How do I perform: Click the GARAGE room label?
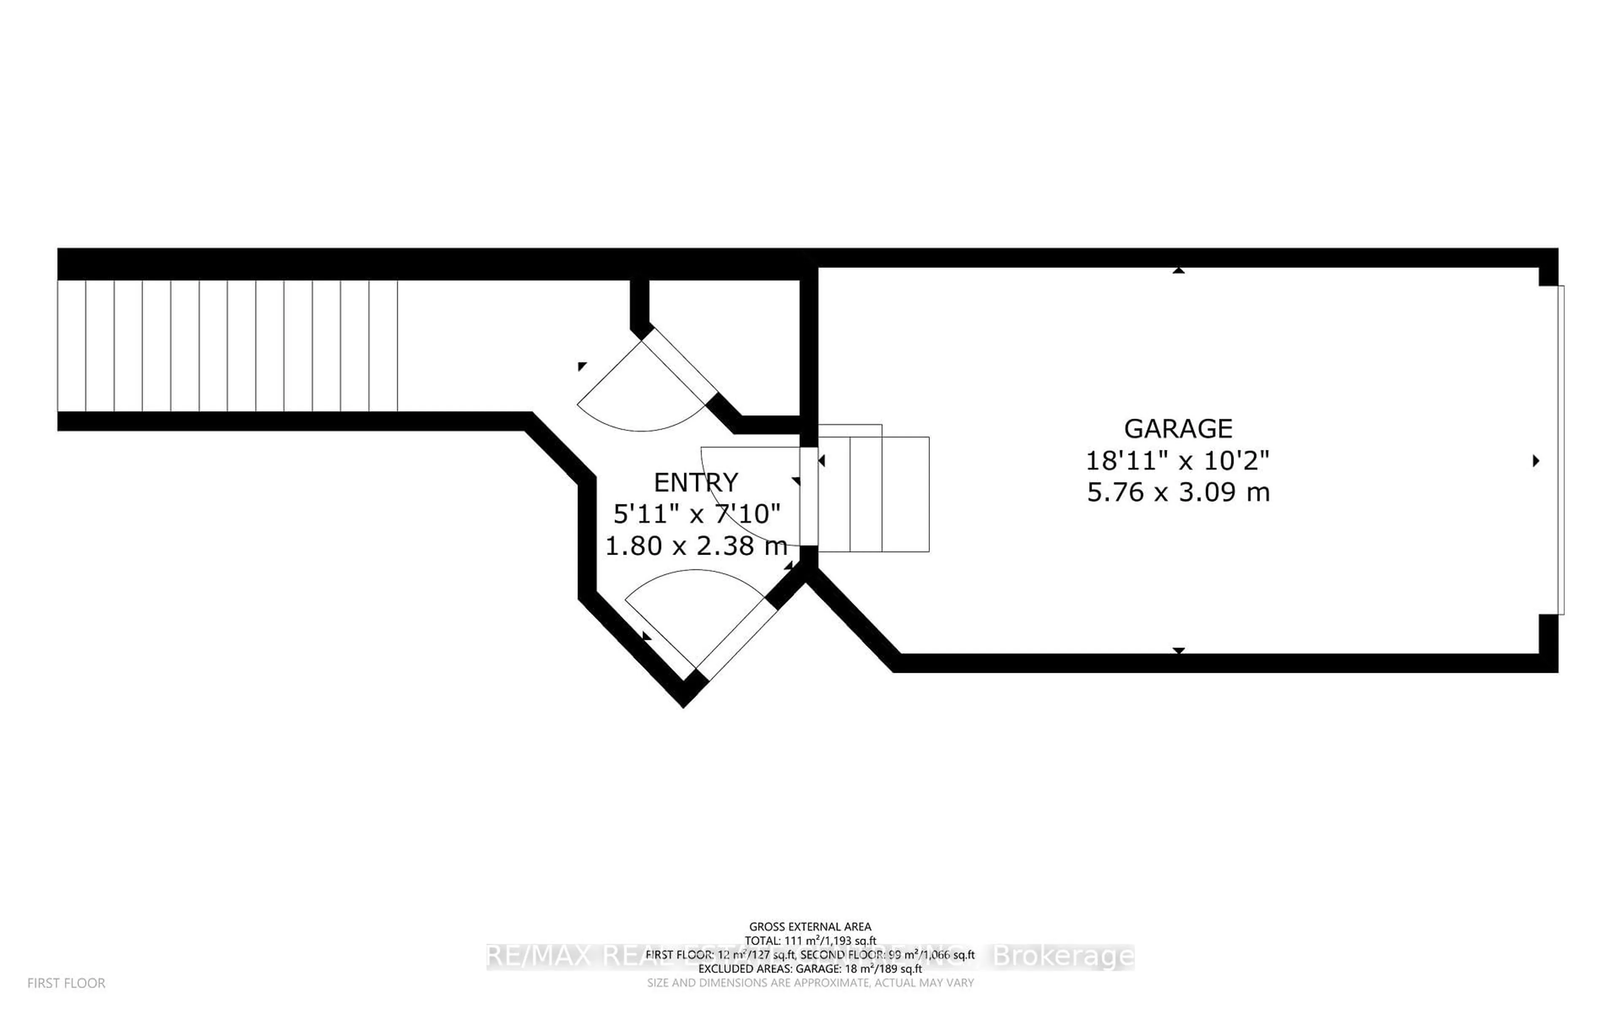click(1178, 428)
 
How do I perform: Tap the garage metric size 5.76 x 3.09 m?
click(1178, 493)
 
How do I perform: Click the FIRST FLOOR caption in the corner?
click(66, 983)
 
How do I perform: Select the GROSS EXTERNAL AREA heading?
click(810, 926)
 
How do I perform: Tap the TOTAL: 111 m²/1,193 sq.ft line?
click(810, 941)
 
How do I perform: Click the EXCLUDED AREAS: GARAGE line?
click(810, 969)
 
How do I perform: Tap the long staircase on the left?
click(228, 346)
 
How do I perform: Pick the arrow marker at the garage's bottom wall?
click(1178, 650)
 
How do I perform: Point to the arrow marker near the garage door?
click(1536, 461)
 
